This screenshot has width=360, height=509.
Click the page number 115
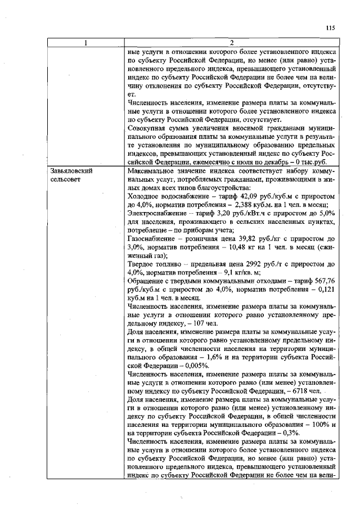click(x=330, y=27)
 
